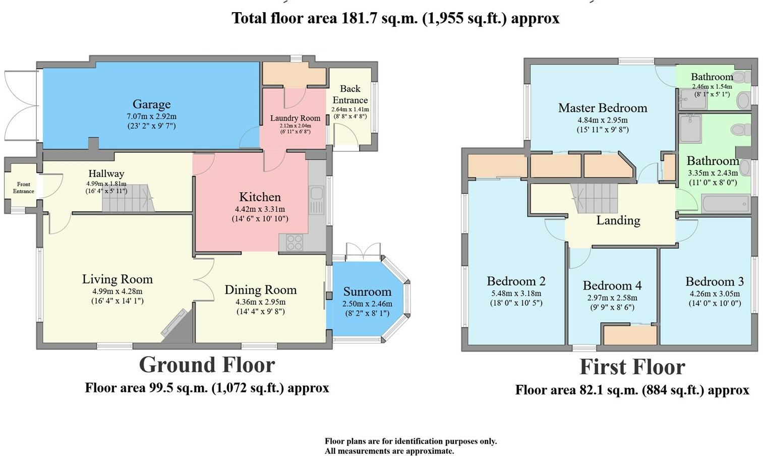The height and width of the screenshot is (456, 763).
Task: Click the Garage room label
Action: pyautogui.click(x=152, y=104)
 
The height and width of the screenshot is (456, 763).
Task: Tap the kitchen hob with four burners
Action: pyautogui.click(x=295, y=242)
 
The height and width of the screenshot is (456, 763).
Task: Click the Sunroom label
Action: pyautogui.click(x=367, y=292)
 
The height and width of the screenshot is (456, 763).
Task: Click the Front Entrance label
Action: pyautogui.click(x=24, y=188)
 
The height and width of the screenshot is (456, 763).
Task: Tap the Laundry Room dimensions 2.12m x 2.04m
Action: pyautogui.click(x=295, y=126)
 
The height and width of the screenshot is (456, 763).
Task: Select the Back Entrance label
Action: pyautogui.click(x=350, y=94)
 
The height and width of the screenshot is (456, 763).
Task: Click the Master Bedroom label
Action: pyautogui.click(x=603, y=108)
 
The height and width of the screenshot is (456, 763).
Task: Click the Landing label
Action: pyautogui.click(x=618, y=220)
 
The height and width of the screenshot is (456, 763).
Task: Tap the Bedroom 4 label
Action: pyautogui.click(x=612, y=286)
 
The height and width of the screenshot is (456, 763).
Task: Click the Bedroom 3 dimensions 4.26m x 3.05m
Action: pyautogui.click(x=715, y=294)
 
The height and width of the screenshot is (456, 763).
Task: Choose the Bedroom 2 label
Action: pyautogui.click(x=516, y=281)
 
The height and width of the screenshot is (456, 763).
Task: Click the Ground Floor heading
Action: pyautogui.click(x=207, y=365)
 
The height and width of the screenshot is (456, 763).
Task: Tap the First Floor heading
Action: pyautogui.click(x=632, y=367)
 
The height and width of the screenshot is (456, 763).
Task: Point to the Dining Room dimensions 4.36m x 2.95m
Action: pyautogui.click(x=261, y=302)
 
